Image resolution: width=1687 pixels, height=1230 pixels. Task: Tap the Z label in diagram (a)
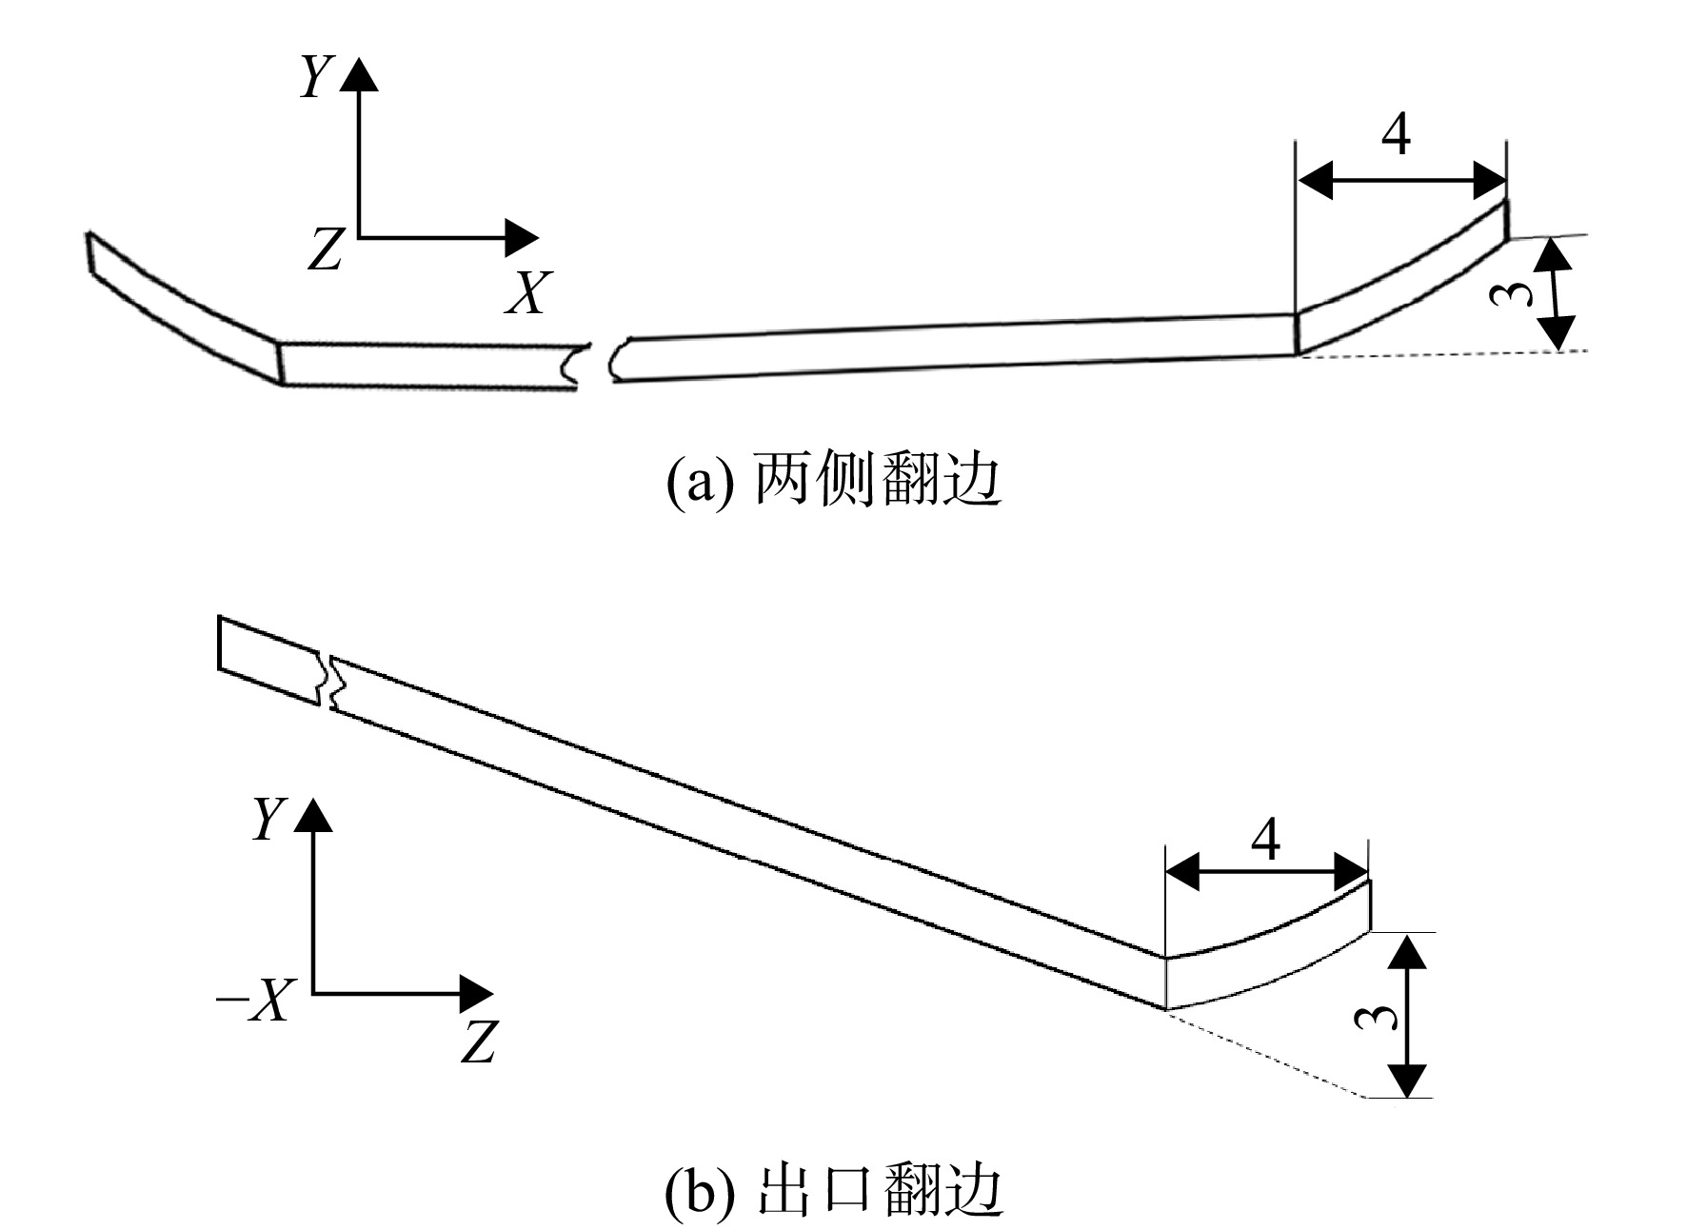pos(324,249)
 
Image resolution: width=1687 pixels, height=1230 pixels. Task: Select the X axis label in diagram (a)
pos(528,292)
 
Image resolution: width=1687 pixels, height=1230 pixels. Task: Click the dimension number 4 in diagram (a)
pos(1396,136)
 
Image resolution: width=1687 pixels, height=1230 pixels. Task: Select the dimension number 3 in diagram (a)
pos(1511,295)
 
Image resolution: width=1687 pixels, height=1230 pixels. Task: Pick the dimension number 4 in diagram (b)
pos(1264,840)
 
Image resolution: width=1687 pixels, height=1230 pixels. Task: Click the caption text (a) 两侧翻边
pos(833,481)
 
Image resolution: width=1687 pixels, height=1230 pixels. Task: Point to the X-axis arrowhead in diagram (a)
pos(521,237)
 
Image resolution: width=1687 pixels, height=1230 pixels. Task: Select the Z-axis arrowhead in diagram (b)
pos(476,994)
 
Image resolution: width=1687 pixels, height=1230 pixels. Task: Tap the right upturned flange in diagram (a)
pos(1401,278)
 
